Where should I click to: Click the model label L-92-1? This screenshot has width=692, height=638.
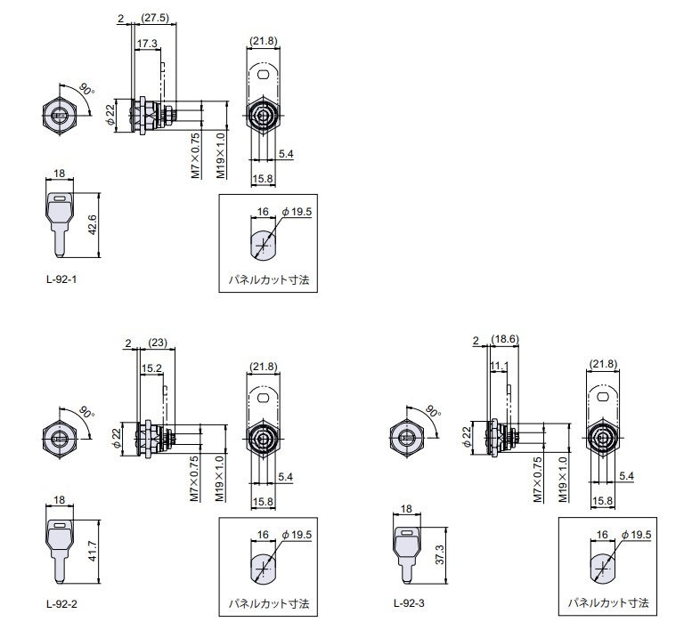[61, 279]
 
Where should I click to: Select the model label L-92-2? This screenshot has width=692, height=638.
[61, 603]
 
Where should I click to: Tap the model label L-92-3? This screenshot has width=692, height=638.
[409, 602]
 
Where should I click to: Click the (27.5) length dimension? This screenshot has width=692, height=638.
[154, 18]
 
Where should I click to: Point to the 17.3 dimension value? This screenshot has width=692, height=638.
[147, 44]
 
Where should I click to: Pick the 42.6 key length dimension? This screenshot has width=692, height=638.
[93, 224]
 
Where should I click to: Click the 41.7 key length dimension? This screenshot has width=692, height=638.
[93, 551]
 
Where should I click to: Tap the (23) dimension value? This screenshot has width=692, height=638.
[158, 343]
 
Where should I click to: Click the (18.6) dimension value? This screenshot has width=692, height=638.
[505, 339]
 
